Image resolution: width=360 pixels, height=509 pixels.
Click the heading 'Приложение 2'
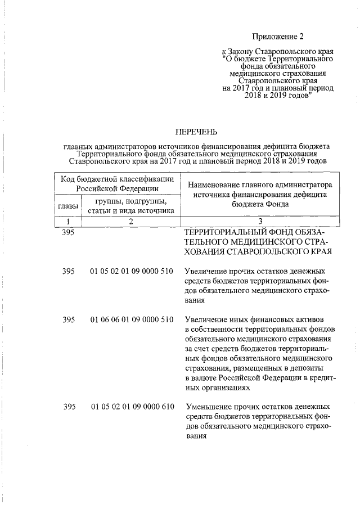click(x=277, y=37)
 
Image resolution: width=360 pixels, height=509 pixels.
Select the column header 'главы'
click(x=67, y=207)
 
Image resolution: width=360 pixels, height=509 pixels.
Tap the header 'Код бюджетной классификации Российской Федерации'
click(x=117, y=184)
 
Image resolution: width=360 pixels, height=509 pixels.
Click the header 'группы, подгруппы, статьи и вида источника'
click(x=130, y=206)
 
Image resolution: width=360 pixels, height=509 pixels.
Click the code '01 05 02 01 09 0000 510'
click(x=131, y=272)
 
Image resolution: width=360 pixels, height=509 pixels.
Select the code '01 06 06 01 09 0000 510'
click(x=131, y=319)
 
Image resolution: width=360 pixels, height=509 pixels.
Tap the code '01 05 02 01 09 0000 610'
click(x=131, y=406)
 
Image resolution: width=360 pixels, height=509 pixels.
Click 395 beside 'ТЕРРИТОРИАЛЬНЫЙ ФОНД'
click(x=69, y=231)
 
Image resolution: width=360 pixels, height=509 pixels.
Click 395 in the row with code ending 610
click(x=69, y=406)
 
